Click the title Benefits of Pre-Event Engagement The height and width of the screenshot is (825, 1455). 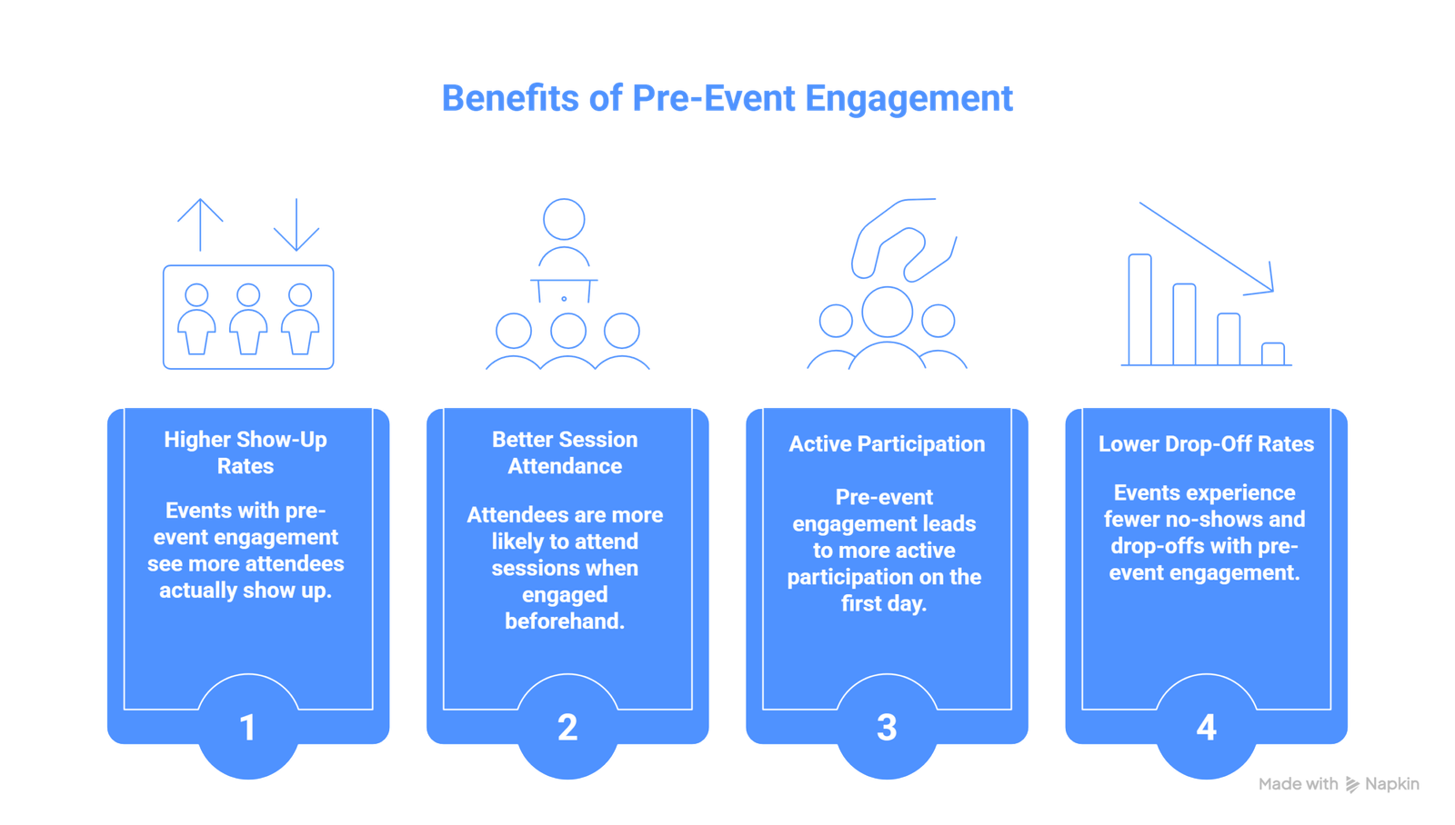click(727, 98)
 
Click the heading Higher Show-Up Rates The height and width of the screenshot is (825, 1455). click(246, 452)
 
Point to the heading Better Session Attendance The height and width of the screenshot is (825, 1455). click(565, 452)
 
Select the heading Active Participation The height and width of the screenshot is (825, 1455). click(887, 444)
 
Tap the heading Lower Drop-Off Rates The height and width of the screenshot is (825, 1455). click(1206, 444)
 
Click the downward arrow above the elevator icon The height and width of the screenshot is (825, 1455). click(296, 225)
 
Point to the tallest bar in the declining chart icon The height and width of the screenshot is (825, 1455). click(1139, 309)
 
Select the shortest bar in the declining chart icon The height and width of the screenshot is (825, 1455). click(1273, 353)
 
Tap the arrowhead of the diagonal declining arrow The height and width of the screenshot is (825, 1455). click(1267, 283)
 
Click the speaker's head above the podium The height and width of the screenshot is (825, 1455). click(564, 219)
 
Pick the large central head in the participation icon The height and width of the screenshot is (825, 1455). click(887, 311)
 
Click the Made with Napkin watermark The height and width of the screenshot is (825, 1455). click(1340, 784)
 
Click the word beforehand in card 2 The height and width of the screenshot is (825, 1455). click(565, 621)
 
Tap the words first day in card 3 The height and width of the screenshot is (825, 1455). click(884, 604)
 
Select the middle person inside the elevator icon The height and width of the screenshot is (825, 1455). click(248, 318)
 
